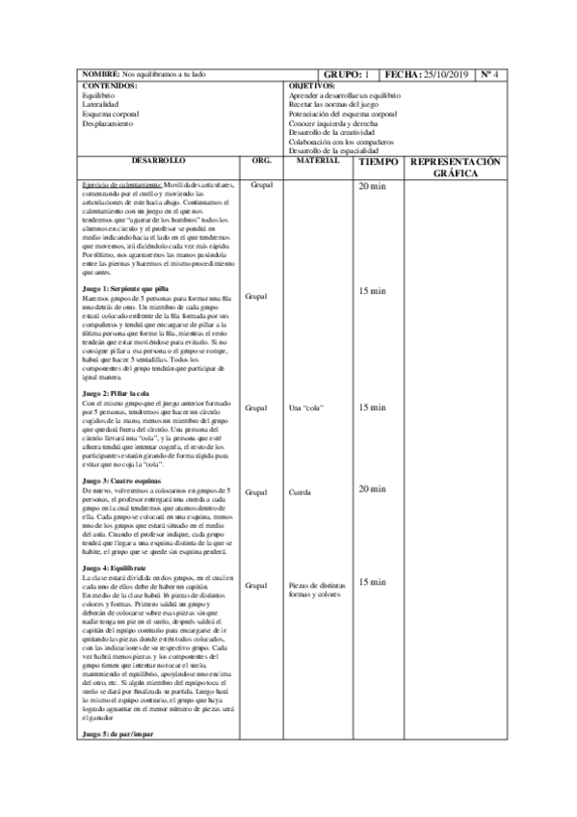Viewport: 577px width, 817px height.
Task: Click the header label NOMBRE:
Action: (x=100, y=74)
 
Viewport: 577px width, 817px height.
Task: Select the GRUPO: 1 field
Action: (x=346, y=74)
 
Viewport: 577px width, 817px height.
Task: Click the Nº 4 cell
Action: (x=488, y=74)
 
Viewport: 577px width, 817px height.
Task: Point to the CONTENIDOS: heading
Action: (x=111, y=86)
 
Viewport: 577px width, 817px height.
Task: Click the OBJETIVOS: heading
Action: (x=311, y=86)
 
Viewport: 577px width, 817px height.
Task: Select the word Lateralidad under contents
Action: (x=100, y=105)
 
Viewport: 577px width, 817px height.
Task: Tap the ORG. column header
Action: (x=261, y=160)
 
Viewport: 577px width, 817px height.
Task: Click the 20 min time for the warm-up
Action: (x=371, y=186)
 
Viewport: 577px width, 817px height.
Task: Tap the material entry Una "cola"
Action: (x=304, y=408)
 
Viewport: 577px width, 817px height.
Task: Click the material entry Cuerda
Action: (x=300, y=492)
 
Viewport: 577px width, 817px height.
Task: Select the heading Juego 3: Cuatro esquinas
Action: (x=121, y=480)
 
